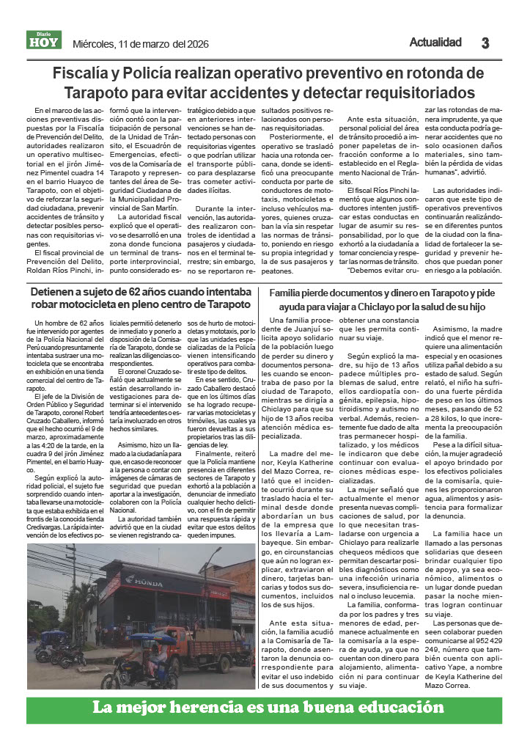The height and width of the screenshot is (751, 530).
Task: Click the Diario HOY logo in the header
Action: tap(44, 41)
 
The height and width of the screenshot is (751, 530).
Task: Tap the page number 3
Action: tap(485, 43)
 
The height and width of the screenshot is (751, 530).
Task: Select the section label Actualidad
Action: tap(435, 43)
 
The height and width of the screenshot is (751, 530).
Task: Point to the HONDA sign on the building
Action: tap(144, 580)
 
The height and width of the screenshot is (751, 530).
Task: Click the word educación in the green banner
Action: tap(394, 708)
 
